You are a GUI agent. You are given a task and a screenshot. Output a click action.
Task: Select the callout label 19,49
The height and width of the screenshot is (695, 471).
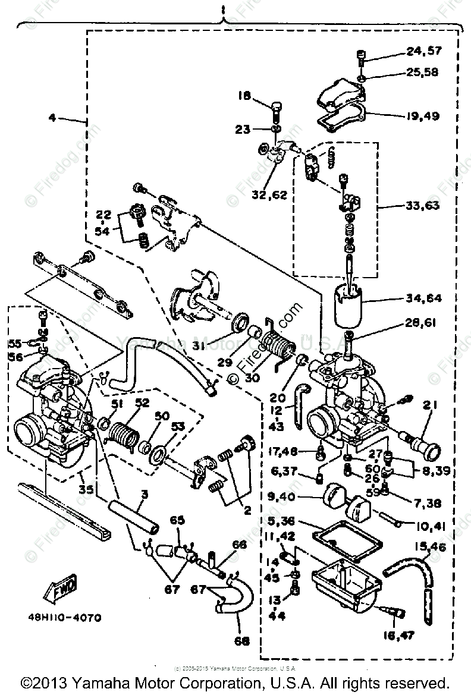(x=425, y=116)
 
